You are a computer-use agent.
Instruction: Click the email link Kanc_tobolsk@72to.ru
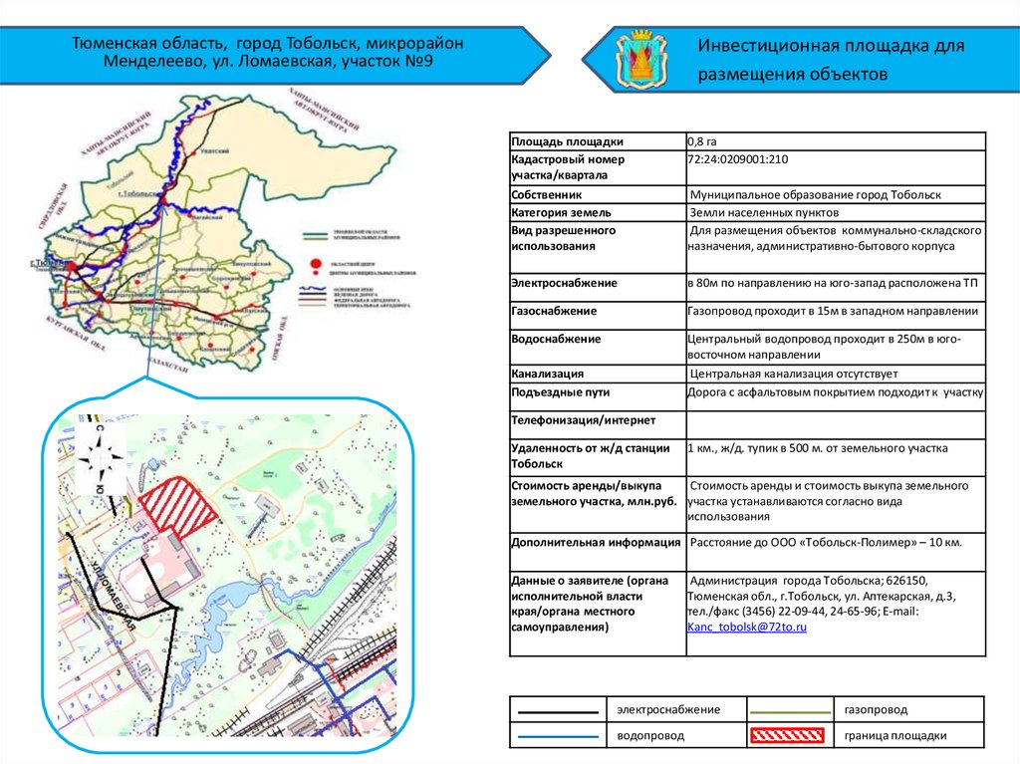(x=746, y=628)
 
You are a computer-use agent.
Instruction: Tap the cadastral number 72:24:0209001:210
(x=738, y=159)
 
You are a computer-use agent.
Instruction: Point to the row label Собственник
(x=547, y=196)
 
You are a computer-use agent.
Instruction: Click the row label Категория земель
(x=561, y=213)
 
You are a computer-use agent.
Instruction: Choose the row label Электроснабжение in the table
(x=564, y=284)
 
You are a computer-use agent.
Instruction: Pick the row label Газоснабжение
(x=554, y=312)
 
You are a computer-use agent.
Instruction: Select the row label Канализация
(x=547, y=375)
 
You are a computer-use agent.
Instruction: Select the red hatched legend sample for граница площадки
(x=787, y=736)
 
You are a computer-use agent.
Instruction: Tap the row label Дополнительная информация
(x=595, y=544)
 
